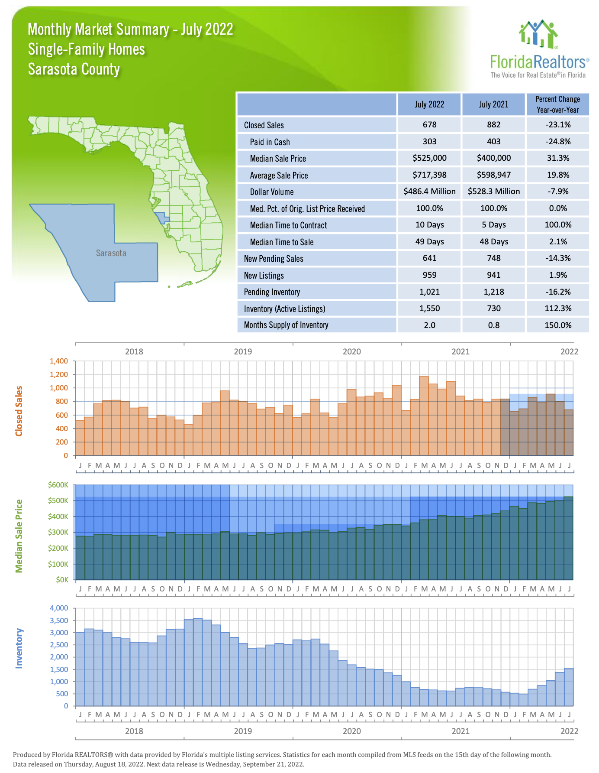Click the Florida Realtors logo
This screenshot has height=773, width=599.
point(539,49)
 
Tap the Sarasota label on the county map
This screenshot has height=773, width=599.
point(111,253)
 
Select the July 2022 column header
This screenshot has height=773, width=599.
point(429,104)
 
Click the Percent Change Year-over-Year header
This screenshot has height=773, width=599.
point(557,104)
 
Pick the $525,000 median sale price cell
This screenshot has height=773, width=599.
point(429,158)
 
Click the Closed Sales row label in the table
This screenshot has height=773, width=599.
point(264,125)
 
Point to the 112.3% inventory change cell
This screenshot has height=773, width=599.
point(558,309)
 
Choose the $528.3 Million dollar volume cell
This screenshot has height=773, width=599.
point(493,192)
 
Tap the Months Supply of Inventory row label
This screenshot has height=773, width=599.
point(286,325)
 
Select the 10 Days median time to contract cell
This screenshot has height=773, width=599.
point(429,225)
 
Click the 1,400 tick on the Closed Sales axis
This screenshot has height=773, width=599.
point(59,361)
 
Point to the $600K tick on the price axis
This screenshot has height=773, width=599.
point(58,485)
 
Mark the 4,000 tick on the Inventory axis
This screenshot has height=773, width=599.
point(59,608)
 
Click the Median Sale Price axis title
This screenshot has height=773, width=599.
point(19,536)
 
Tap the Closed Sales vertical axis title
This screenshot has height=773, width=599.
point(19,411)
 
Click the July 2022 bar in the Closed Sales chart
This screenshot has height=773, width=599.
point(569,432)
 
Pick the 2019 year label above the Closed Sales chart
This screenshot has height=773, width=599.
point(243,351)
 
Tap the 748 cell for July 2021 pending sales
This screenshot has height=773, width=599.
point(493,258)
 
